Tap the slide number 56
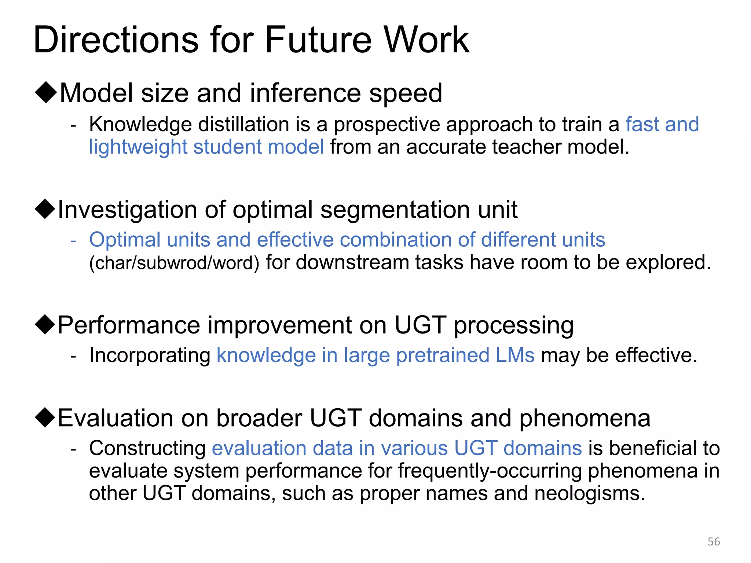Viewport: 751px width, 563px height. click(x=714, y=542)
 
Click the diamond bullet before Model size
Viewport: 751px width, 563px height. click(x=45, y=92)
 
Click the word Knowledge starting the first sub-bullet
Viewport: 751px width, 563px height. click(x=140, y=124)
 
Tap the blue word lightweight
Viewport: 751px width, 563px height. click(x=138, y=147)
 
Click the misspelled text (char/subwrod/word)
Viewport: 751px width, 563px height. click(x=174, y=263)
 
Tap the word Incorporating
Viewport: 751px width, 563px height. click(x=150, y=355)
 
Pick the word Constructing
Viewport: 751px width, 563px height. click(x=147, y=448)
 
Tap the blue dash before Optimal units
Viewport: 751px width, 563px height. click(x=73, y=240)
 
